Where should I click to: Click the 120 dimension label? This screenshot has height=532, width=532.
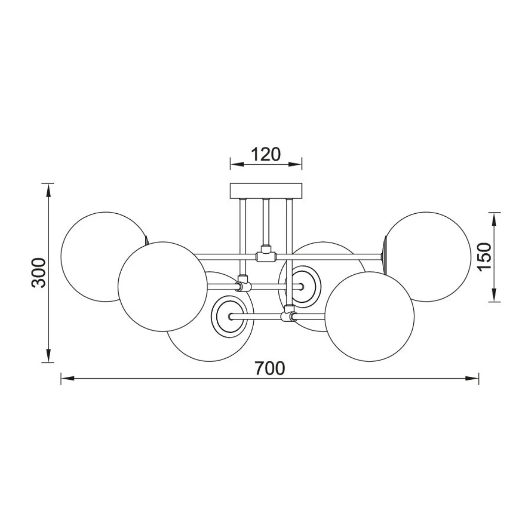[x=266, y=154]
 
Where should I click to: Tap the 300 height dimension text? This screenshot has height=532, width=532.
[x=38, y=272]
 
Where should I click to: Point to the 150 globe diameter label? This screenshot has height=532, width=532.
[x=484, y=257]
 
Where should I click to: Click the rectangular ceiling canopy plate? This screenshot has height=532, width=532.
[x=266, y=191]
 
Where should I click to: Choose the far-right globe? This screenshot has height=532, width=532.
[x=428, y=257]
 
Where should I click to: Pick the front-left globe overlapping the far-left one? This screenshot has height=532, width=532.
[x=163, y=287]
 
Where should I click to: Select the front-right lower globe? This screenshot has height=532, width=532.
[x=369, y=317]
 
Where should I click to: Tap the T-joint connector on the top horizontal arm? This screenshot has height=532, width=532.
[x=266, y=255]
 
